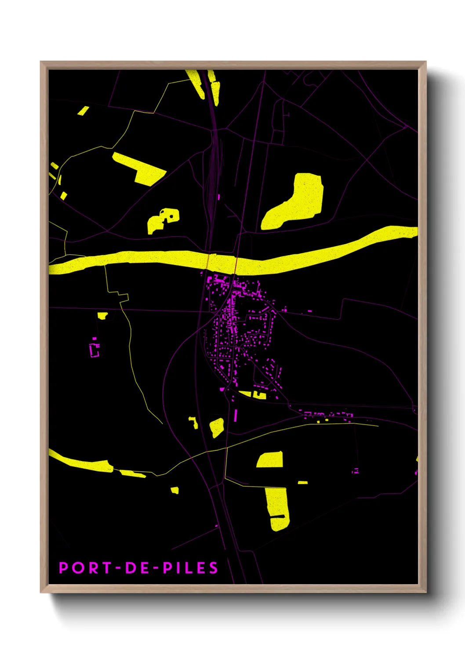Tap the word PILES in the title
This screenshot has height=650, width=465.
pos(190,568)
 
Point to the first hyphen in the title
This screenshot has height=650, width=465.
pos(118,568)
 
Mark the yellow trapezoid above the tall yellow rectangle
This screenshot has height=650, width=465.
pos(270,460)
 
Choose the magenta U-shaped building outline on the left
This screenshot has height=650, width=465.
pos(94,350)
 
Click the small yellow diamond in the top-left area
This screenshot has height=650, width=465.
pos(83,111)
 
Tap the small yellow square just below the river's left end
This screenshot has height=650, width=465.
pos(102,315)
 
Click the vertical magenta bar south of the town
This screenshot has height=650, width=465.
pos(236,415)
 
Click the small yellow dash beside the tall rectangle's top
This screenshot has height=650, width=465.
pos(302,483)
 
